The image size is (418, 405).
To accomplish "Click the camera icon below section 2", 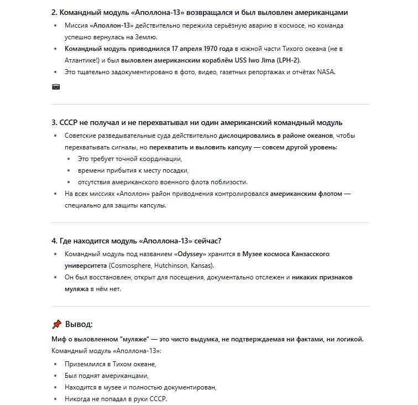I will tap(56, 87).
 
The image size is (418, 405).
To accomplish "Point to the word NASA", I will tap(326, 72).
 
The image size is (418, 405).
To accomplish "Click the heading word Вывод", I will tap(79, 324).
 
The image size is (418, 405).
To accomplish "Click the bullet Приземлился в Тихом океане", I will tap(110, 364).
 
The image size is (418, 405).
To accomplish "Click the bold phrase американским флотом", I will tap(306, 194).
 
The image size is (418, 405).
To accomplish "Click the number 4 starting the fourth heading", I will tap(54, 241).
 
